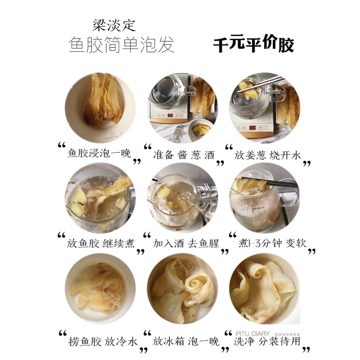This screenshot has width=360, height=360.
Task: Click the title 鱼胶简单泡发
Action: (121, 45)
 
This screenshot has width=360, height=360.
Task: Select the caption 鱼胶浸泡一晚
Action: (99, 154)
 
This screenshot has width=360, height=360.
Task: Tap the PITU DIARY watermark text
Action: (252, 334)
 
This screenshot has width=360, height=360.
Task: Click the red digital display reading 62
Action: (252, 128)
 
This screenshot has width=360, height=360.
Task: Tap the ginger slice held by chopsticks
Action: (248, 89)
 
